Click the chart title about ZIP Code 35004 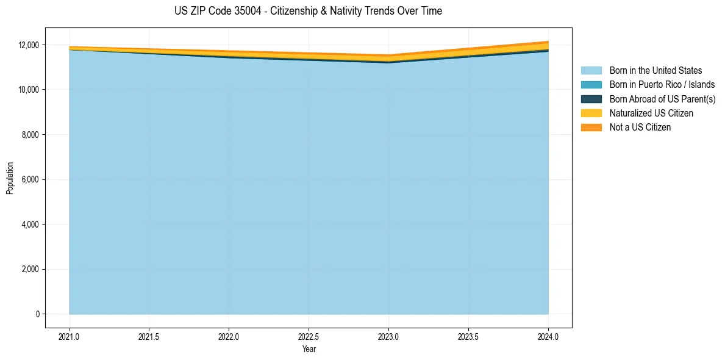pos(308,11)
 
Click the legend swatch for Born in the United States pos(591,71)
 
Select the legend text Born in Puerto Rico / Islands pos(662,85)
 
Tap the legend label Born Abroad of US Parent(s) pos(662,99)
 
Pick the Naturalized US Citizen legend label pos(651,113)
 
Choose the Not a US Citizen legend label pos(640,127)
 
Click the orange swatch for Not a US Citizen pos(591,127)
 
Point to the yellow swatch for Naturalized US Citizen pos(591,113)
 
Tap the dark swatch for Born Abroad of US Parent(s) pos(591,99)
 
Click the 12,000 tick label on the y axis pos(29,45)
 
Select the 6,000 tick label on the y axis pos(30,179)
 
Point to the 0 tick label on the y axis pos(37,314)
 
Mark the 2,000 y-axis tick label pos(30,269)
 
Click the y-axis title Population pos(10,178)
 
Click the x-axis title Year pos(309,349)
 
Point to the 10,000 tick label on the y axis pos(29,90)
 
